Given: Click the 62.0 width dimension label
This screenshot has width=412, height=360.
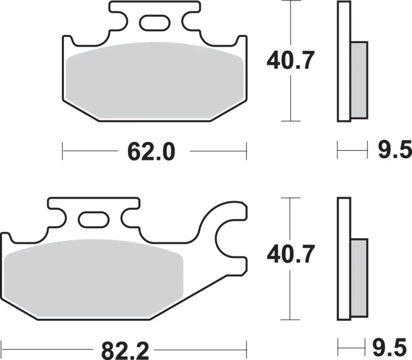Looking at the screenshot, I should point(151,152).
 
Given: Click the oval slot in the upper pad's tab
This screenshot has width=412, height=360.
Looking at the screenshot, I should point(154,23).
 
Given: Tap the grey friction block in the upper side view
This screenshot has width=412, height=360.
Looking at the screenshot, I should point(359,80).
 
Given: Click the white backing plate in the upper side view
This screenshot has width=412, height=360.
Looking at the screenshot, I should point(344,61).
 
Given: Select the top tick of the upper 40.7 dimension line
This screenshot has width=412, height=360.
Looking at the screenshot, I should point(290,1).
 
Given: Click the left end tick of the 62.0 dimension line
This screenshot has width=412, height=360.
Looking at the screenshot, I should point(63,150).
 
